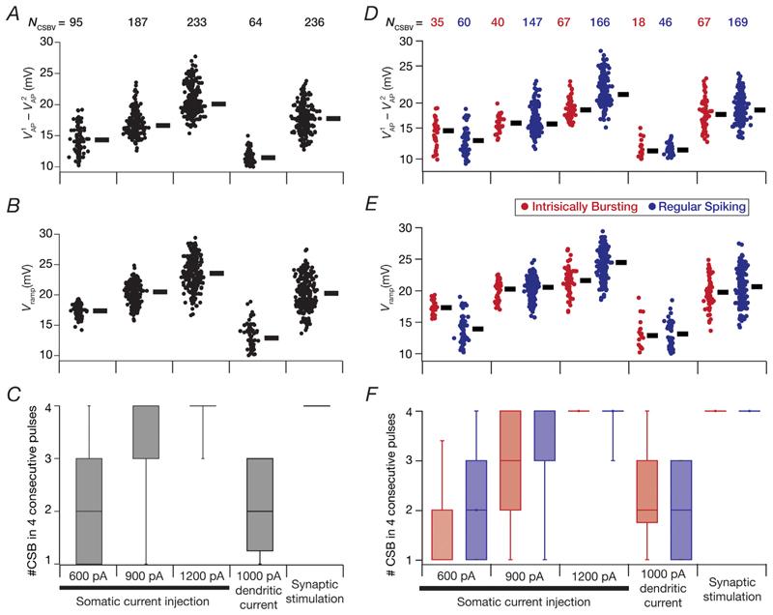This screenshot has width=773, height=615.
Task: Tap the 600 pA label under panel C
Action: coord(90,572)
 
